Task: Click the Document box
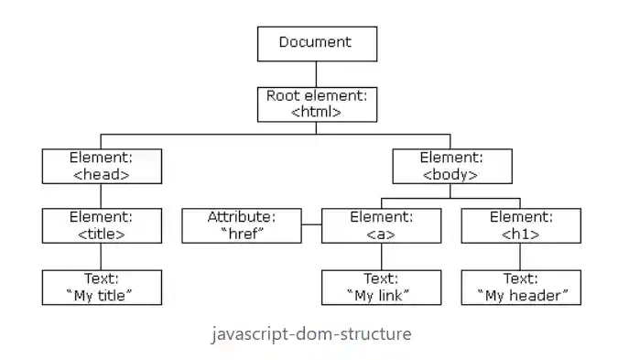click(x=315, y=43)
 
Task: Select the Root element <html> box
click(x=315, y=104)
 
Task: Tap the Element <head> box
click(x=101, y=165)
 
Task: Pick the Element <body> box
click(x=452, y=165)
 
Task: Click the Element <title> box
click(x=101, y=225)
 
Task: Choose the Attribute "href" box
click(x=242, y=225)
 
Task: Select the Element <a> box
click(x=381, y=225)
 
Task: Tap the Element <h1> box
click(x=520, y=225)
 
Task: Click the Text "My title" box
click(x=101, y=287)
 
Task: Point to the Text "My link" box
click(x=381, y=287)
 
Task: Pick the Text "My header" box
click(x=520, y=287)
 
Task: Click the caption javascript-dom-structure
click(x=310, y=333)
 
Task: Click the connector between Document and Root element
click(x=315, y=73)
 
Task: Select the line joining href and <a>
click(x=311, y=225)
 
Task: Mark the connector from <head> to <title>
click(x=101, y=196)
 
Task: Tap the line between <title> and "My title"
click(x=101, y=256)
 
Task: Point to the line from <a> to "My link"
click(x=381, y=256)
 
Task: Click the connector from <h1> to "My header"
click(x=520, y=256)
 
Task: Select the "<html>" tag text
click(x=315, y=112)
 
